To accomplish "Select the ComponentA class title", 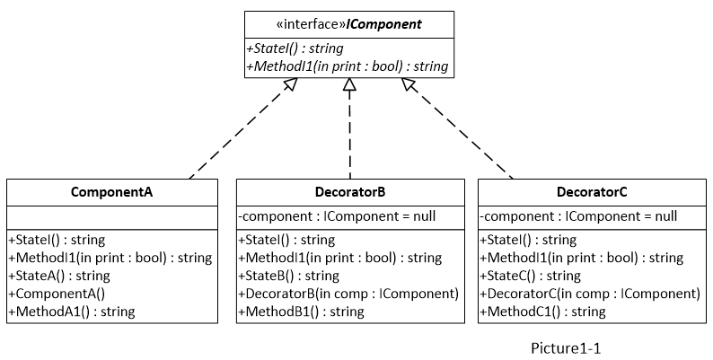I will [111, 192].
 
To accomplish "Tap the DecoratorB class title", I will [350, 192].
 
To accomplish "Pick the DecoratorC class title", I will [592, 192].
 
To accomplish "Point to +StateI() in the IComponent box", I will [293, 48].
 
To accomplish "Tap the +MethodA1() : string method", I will [71, 312].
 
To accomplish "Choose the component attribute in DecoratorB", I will [336, 216].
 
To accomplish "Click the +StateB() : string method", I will [288, 276].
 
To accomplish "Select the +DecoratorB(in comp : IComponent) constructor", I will [348, 294].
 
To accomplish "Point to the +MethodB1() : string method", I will [301, 312].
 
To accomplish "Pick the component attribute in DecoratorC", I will [578, 216].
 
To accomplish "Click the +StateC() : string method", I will [531, 276].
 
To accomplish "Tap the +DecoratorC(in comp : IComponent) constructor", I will [590, 294].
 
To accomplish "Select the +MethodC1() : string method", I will [543, 312].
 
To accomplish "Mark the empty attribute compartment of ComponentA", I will [111, 217].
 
